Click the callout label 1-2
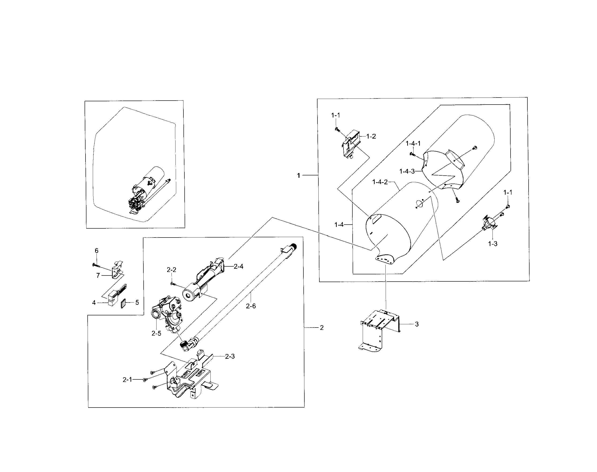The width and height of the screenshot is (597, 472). click(x=371, y=136)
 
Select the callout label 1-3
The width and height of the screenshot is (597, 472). click(x=493, y=244)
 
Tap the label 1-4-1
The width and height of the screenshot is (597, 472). click(x=413, y=143)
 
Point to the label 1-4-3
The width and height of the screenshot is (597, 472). click(x=407, y=171)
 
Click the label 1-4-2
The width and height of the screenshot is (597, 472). click(x=380, y=182)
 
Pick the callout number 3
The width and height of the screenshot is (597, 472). click(x=417, y=324)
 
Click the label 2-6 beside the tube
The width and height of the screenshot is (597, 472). click(x=251, y=306)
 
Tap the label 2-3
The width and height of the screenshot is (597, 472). click(x=230, y=356)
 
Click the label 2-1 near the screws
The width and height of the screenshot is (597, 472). click(x=127, y=380)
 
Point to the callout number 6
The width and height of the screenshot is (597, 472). click(x=96, y=251)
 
